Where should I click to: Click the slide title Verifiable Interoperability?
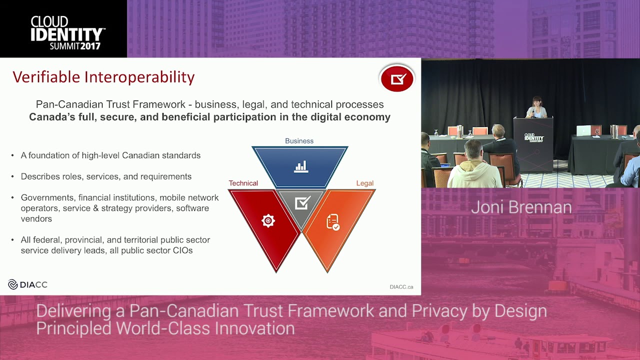(x=103, y=77)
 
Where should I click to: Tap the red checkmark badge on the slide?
(x=397, y=78)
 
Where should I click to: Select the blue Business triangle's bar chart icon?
(x=301, y=166)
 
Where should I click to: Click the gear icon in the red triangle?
(x=268, y=220)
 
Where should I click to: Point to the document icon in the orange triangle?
(x=332, y=222)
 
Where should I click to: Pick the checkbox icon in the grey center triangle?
(x=302, y=202)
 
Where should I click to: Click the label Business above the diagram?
(x=299, y=141)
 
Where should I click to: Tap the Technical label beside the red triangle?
(x=243, y=183)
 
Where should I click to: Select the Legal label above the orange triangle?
(x=364, y=183)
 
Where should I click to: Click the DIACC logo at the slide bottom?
(x=28, y=284)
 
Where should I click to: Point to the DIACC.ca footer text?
(x=401, y=287)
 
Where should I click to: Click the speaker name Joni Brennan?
(x=521, y=207)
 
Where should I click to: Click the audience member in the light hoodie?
(x=473, y=167)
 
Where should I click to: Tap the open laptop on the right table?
(x=583, y=130)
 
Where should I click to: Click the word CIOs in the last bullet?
(x=182, y=250)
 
